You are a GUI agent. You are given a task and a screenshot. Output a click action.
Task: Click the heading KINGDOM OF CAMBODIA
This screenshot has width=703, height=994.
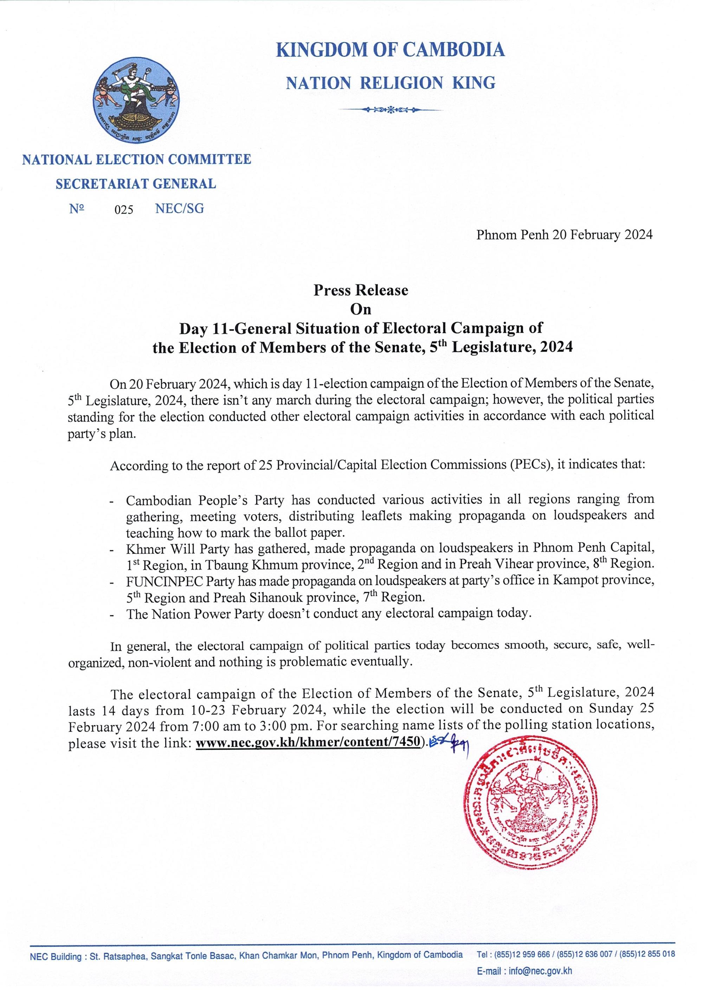(x=390, y=50)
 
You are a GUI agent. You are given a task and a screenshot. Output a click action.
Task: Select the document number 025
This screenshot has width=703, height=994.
(x=124, y=210)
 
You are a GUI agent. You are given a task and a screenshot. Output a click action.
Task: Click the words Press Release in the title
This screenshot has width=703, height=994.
(x=361, y=290)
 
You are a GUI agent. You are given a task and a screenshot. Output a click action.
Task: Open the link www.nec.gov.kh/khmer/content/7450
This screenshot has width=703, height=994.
(x=308, y=742)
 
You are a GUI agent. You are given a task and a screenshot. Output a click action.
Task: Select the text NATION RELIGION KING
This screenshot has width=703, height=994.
(x=390, y=83)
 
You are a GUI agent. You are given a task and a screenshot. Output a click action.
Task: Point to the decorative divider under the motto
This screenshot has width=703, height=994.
(x=390, y=110)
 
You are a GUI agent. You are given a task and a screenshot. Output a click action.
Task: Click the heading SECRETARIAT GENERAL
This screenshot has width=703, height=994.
(x=136, y=184)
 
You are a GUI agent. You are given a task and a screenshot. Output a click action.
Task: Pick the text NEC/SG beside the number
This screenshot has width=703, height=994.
(x=179, y=209)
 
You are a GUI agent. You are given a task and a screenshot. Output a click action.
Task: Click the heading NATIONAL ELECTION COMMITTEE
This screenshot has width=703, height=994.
(x=136, y=159)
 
